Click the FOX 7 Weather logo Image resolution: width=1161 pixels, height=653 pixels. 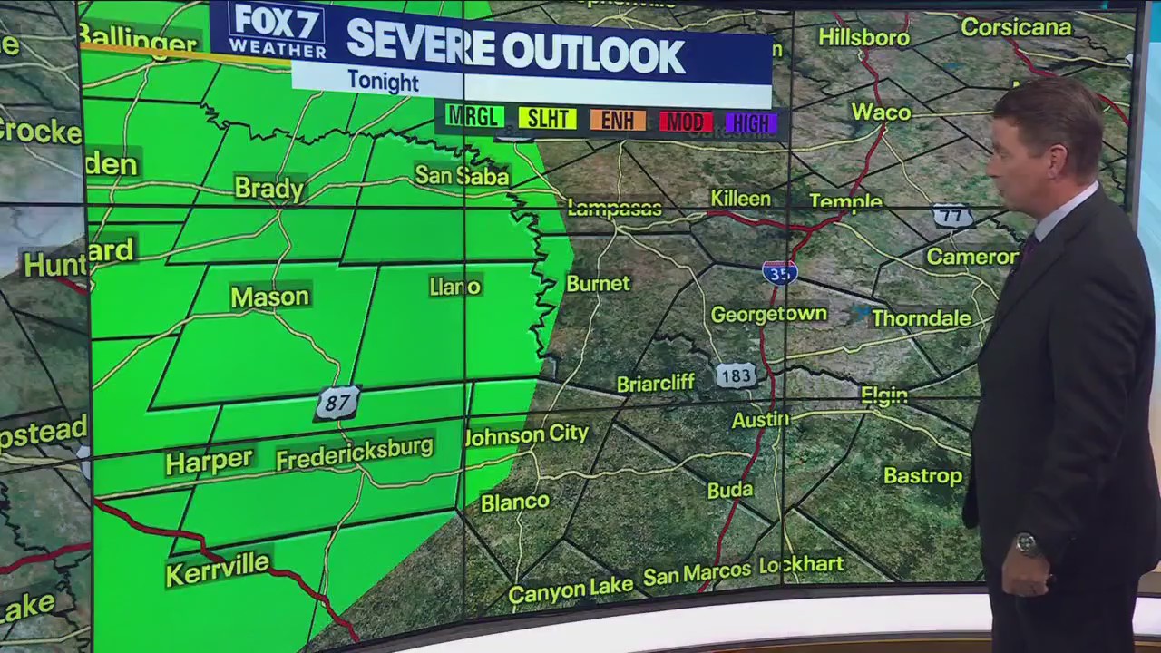click(278, 32)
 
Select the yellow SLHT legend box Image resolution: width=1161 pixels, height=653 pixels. click(547, 118)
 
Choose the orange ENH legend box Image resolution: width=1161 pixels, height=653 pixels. click(618, 120)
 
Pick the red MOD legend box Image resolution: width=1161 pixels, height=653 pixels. click(686, 122)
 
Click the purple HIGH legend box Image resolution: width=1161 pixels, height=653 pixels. click(752, 123)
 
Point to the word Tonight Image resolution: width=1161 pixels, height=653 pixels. click(383, 82)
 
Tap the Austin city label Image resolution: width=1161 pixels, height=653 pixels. click(760, 419)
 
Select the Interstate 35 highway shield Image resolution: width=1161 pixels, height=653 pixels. click(779, 272)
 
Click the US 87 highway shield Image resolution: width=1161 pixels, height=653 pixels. click(337, 403)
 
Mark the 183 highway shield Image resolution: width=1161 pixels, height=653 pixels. click(736, 375)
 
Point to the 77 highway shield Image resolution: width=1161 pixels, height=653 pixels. click(951, 216)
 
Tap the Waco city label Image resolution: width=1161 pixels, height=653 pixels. click(880, 112)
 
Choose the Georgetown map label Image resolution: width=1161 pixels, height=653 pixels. click(768, 315)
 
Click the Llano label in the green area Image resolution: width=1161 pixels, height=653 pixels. click(454, 287)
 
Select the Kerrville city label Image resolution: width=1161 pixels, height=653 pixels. click(218, 569)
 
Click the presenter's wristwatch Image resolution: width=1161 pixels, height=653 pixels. click(1027, 543)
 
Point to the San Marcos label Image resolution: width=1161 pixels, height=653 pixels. click(697, 573)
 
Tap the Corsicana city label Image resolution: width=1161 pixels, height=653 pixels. click(1016, 27)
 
